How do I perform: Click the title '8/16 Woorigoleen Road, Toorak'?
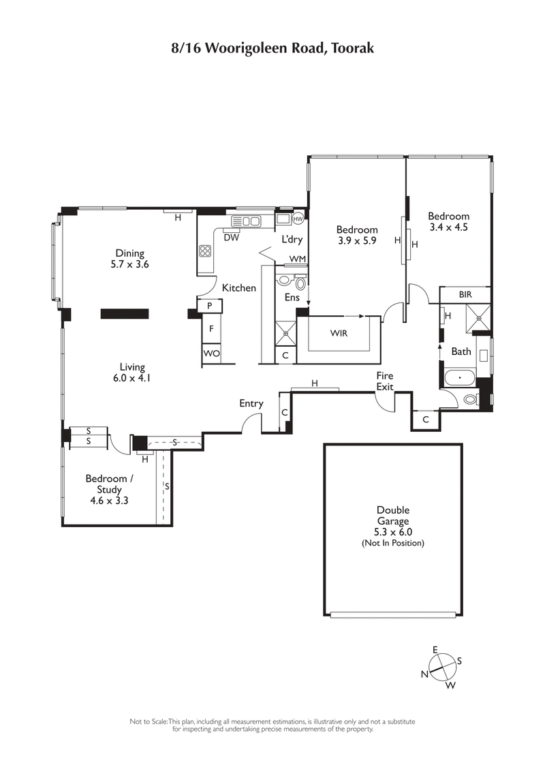pyautogui.click(x=272, y=48)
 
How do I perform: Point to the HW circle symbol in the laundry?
pyautogui.click(x=298, y=219)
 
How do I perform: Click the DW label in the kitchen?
pyautogui.click(x=231, y=238)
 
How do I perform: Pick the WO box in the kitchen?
pyautogui.click(x=211, y=354)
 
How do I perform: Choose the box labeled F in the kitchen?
pyautogui.click(x=211, y=329)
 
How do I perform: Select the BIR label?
pyautogui.click(x=465, y=294)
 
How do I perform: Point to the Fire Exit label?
pyautogui.click(x=385, y=380)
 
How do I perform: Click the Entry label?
pyautogui.click(x=251, y=403)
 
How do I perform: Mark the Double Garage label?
pyautogui.click(x=393, y=516)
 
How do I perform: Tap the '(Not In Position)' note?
pyautogui.click(x=393, y=543)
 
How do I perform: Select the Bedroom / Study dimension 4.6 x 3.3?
pyautogui.click(x=107, y=500)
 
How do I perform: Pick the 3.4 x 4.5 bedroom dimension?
pyautogui.click(x=448, y=227)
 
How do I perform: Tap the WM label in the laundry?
pyautogui.click(x=297, y=259)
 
